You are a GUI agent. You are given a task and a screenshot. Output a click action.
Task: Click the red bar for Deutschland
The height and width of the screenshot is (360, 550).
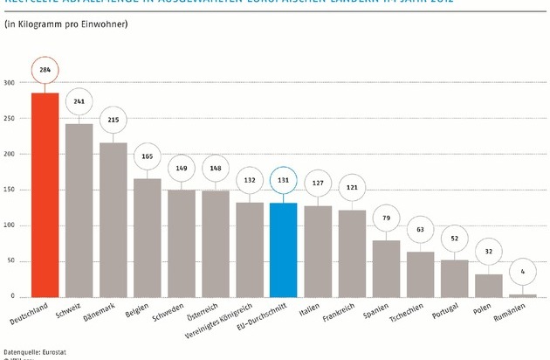click(45, 194)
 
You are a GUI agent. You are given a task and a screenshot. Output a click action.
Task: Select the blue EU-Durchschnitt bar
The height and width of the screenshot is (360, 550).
click(284, 250)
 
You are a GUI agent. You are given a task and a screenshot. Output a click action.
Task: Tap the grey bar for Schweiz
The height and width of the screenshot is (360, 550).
click(79, 210)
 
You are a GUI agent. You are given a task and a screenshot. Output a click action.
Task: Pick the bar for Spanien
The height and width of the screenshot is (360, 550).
click(386, 268)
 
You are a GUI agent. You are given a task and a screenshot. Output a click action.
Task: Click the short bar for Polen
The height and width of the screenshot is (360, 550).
click(489, 286)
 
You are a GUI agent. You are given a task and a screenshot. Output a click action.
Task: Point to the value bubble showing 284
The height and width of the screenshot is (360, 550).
click(45, 68)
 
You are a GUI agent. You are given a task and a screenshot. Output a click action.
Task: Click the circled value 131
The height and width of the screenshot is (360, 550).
click(284, 180)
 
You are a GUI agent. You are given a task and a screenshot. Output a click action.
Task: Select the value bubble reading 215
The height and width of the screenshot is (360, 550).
click(113, 120)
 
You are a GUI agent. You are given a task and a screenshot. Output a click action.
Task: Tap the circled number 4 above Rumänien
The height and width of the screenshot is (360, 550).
click(523, 271)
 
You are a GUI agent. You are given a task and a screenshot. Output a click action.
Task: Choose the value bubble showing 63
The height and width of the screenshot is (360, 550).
click(420, 230)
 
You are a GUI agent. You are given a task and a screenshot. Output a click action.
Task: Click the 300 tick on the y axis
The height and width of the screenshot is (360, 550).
click(10, 83)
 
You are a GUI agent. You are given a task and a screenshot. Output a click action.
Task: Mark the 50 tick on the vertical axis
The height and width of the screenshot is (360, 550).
click(12, 261)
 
